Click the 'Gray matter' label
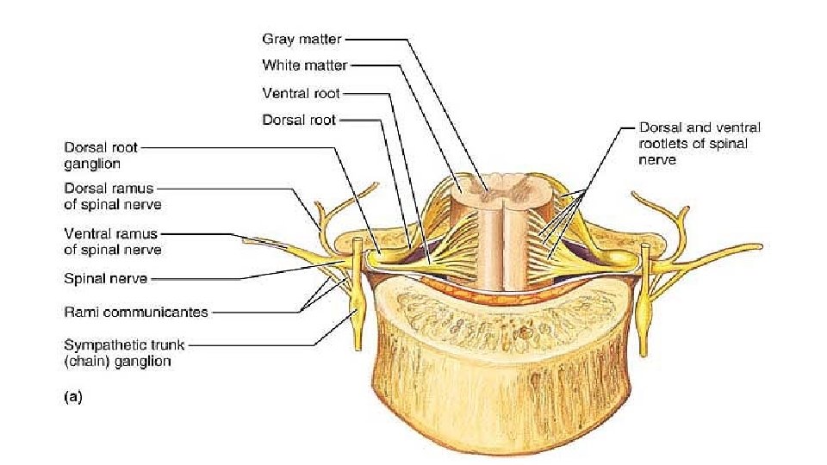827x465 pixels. click(x=302, y=39)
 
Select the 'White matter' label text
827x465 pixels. click(x=305, y=65)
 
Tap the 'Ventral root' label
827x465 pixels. click(x=301, y=92)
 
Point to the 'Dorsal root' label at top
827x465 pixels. click(x=299, y=121)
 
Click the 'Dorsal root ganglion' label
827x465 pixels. click(x=101, y=155)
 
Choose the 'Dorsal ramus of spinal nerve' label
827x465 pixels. click(x=113, y=197)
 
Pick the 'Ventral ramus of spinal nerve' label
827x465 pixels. click(x=113, y=241)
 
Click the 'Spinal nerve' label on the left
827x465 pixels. click(x=105, y=278)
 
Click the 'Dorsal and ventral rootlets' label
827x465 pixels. click(x=700, y=143)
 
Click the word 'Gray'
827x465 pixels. click(x=278, y=39)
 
